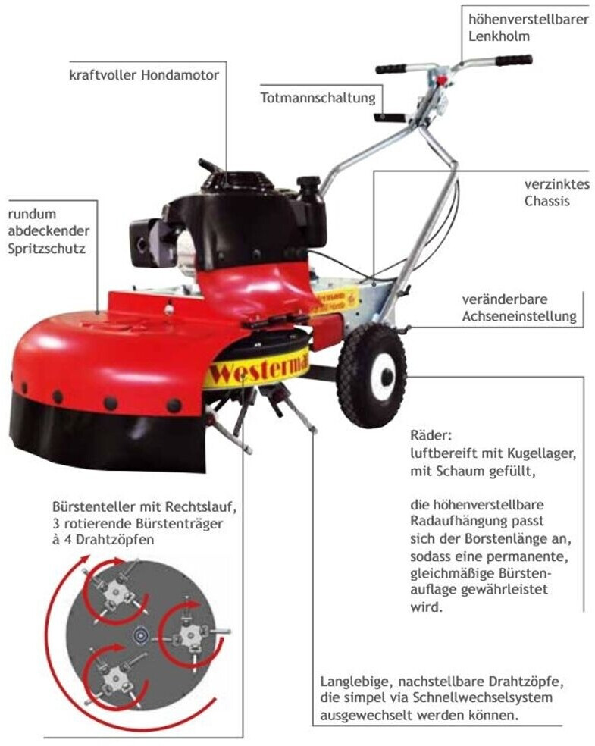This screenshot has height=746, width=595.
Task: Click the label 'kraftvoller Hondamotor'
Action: [x=144, y=75]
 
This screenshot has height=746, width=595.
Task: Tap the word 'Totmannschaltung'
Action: [x=318, y=98]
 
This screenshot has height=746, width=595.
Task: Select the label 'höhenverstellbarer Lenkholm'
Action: [x=528, y=27]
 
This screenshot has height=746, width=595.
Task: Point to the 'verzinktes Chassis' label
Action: [x=557, y=193]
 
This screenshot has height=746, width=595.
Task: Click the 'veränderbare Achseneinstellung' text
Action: [x=519, y=307]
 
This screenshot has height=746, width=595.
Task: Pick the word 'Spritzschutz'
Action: [x=46, y=249]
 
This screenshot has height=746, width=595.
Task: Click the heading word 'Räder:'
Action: [x=431, y=435]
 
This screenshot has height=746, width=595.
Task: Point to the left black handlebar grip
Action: [x=390, y=68]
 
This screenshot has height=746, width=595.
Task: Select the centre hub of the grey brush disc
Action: [x=141, y=634]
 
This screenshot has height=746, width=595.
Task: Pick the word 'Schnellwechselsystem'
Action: [x=483, y=697]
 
